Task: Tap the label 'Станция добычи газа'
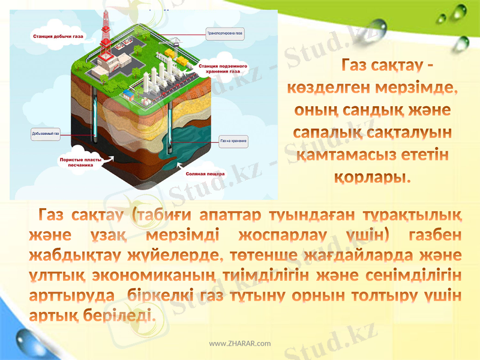coord(58,37)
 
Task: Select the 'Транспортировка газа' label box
coord(226,34)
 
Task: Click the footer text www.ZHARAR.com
coord(239,343)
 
